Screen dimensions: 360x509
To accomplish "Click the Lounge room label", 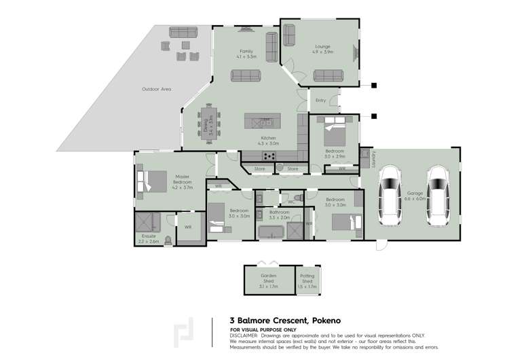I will (323, 48).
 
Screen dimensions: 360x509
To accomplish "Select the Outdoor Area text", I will (156, 89).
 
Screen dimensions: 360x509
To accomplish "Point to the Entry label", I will (321, 101).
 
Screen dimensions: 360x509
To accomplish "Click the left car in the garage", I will (391, 198).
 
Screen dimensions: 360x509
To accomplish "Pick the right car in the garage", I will (438, 198).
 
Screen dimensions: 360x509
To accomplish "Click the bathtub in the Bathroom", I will (272, 231).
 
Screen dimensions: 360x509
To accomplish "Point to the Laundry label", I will (373, 159).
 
